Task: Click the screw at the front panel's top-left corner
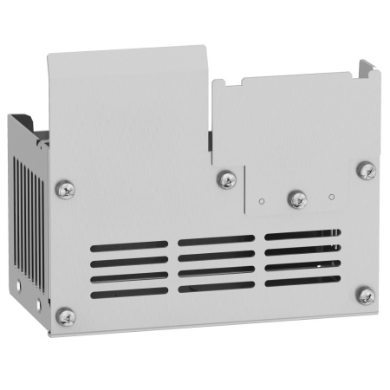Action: [x=64, y=187]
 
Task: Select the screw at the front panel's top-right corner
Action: [x=366, y=170]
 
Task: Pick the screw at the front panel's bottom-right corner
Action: [x=366, y=296]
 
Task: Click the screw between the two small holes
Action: [x=296, y=198]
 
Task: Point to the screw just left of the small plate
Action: [x=227, y=180]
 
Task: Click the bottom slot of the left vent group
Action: [x=130, y=293]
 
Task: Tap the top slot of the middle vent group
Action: [x=217, y=240]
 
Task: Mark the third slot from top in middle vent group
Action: [x=217, y=270]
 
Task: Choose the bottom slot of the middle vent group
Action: [x=217, y=285]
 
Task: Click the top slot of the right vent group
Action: [x=303, y=234]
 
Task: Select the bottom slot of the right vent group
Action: [x=303, y=280]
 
